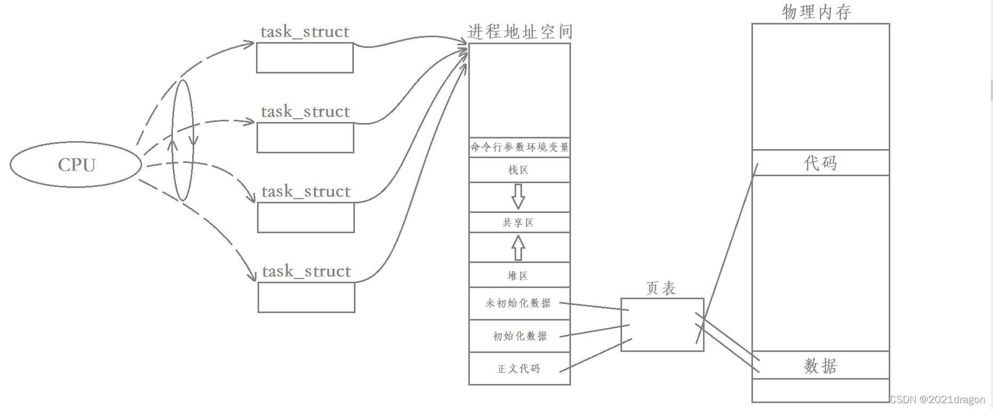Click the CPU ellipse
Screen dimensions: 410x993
76,165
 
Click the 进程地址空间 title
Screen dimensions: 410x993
520,32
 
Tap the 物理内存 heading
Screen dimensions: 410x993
816,12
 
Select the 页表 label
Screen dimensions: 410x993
661,288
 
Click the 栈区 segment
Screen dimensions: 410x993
519,170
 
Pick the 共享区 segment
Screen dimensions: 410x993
518,223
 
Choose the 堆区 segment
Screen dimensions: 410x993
518,275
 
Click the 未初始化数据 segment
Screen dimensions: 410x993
518,303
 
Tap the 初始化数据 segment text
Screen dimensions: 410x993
520,336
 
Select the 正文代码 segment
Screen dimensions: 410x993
519,368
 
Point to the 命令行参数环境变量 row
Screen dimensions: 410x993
519,147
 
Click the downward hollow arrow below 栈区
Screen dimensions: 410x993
518,196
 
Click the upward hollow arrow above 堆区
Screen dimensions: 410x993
518,248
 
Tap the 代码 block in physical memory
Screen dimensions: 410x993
820,163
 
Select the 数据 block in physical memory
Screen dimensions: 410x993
820,365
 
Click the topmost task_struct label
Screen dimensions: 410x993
305,32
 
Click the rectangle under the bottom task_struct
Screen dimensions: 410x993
307,297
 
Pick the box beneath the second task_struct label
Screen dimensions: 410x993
305,137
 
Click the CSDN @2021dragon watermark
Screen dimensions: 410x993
937,399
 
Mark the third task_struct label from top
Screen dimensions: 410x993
306,192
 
